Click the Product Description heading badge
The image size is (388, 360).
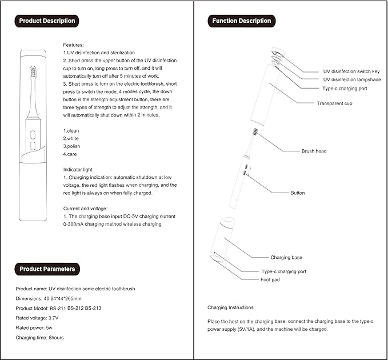(46, 21)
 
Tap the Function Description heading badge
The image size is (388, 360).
(241, 21)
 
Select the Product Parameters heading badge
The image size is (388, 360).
(46, 269)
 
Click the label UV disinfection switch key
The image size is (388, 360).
(352, 71)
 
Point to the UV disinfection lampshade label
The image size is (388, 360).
(352, 79)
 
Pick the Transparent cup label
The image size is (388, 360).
(335, 103)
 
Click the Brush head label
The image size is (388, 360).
(314, 151)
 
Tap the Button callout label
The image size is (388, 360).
(298, 193)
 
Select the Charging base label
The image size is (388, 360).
(286, 258)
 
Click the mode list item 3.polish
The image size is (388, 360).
(71, 146)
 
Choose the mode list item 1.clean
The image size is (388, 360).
(71, 131)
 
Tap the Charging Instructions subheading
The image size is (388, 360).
(230, 307)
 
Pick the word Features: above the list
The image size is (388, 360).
(73, 44)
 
